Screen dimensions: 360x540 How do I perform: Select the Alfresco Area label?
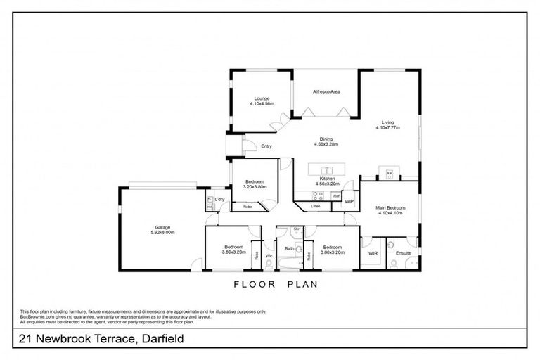326,91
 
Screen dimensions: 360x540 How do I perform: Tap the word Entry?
266,146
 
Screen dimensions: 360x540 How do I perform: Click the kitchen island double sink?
326,169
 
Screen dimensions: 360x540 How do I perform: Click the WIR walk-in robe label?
373,252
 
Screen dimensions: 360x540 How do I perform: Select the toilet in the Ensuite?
393,264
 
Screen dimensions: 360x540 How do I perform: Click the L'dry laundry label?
219,200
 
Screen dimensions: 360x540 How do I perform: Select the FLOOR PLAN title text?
276,285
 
